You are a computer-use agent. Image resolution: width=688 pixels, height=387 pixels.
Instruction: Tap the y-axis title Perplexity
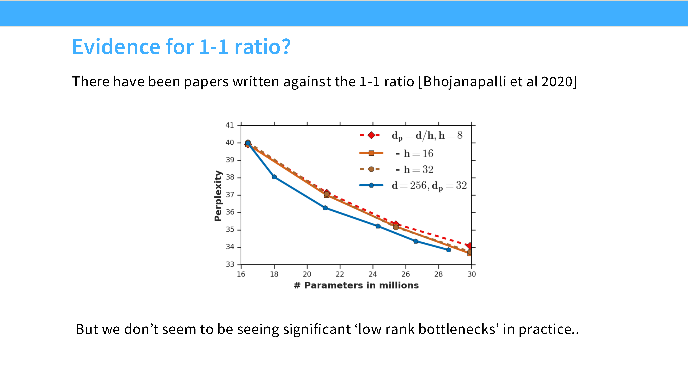coord(218,196)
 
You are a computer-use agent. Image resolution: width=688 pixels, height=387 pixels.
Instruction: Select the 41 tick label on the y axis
coord(230,125)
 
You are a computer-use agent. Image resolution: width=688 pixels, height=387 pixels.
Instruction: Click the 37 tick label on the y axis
coord(230,195)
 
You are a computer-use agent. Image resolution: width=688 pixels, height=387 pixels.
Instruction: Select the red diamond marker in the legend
coord(371,135)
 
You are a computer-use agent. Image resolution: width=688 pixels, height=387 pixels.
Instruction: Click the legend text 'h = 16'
coord(418,154)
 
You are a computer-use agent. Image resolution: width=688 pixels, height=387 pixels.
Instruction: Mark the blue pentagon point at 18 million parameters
coord(274,177)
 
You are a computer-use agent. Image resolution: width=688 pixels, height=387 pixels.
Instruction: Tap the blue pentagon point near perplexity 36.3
coord(325,208)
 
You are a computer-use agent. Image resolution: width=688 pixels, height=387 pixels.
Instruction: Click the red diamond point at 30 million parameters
coord(470,246)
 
